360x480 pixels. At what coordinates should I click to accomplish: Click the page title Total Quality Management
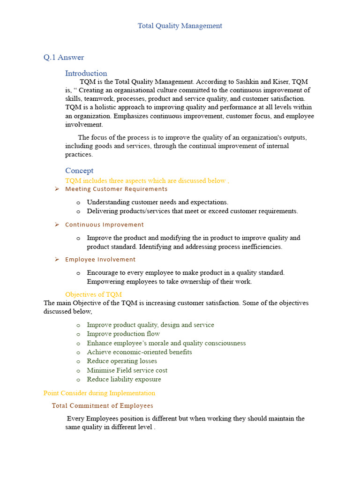180,26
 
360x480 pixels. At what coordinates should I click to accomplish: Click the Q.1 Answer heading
64,57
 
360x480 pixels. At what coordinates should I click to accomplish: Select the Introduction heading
86,73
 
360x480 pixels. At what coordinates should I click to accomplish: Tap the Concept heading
79,171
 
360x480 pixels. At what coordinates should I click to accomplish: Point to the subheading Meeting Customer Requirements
116,189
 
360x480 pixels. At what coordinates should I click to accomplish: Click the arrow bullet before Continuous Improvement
57,225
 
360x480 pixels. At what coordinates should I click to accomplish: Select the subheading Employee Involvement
100,259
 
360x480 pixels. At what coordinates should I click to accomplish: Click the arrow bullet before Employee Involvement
57,259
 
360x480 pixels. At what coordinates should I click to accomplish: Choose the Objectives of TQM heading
93,294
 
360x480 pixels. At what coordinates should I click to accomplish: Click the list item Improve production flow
123,334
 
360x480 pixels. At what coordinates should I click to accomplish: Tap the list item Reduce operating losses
122,361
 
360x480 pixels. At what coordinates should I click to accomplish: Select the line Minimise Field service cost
127,370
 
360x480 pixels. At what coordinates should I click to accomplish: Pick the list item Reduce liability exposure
124,379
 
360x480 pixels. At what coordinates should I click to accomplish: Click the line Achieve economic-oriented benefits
139,352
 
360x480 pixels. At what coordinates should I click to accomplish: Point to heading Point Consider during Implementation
99,393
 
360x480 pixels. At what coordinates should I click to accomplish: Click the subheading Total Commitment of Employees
102,405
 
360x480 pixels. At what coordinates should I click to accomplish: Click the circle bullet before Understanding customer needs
78,202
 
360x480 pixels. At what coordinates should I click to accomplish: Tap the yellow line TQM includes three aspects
147,180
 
